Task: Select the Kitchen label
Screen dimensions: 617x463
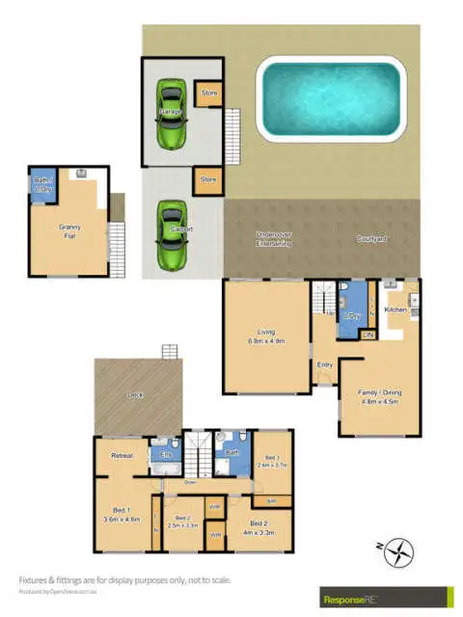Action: (395, 310)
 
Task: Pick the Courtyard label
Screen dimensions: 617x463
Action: (371, 238)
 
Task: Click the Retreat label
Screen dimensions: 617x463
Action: (123, 455)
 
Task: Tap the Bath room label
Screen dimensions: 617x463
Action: (231, 451)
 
